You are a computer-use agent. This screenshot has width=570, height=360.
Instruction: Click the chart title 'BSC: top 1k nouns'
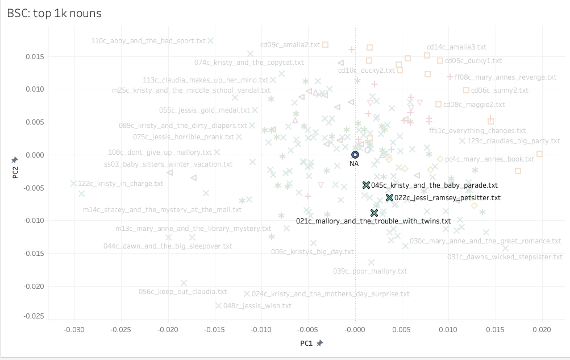tap(55, 13)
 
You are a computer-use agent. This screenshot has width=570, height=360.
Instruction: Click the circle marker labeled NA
tap(355, 155)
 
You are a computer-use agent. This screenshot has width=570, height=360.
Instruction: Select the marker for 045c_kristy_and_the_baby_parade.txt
tap(366, 185)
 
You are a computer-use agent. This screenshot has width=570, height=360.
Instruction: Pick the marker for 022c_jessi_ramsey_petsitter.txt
tap(389, 198)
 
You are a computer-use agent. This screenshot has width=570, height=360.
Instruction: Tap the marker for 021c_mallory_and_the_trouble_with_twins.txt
tap(374, 213)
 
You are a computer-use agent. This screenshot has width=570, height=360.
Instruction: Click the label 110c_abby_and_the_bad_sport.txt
tap(148, 41)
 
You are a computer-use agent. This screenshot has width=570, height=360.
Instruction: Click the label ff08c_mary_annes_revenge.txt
tap(505, 77)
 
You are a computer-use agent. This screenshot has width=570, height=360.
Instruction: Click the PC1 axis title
tap(307, 344)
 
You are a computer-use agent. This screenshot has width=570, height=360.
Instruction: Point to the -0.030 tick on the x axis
tap(74, 329)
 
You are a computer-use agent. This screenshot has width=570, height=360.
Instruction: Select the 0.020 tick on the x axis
tap(542, 329)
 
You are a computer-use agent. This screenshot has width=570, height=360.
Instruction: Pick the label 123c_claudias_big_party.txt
tap(514, 141)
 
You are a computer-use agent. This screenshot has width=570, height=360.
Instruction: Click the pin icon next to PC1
tap(320, 344)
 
